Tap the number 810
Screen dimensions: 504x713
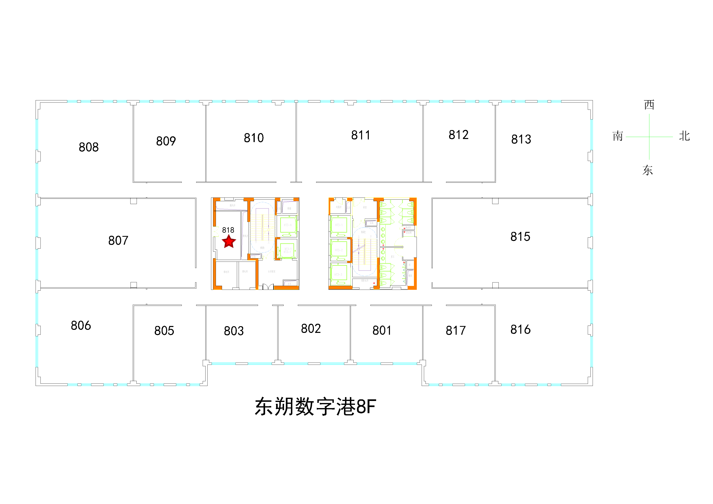254,138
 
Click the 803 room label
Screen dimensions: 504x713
234,331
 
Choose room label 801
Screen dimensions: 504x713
382,330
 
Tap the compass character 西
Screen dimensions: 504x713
649,105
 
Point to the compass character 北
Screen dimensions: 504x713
684,136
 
